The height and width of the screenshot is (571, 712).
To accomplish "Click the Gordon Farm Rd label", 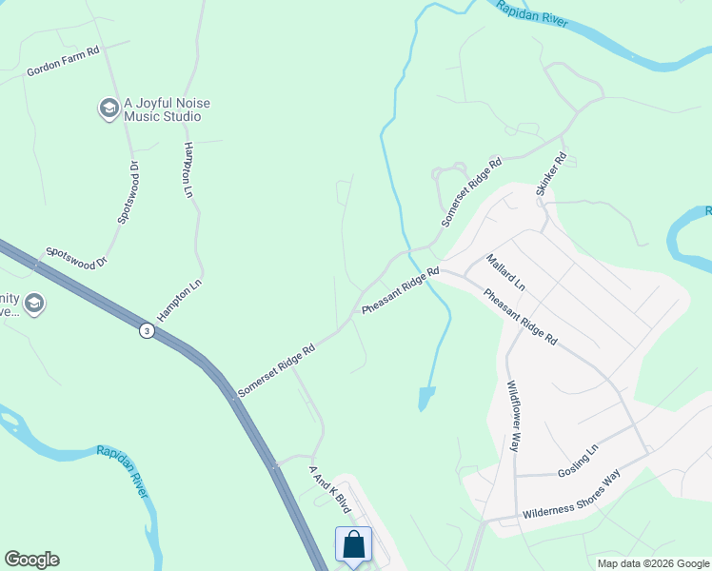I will tap(63, 63).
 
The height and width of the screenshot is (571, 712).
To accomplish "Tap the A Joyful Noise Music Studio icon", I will tap(109, 109).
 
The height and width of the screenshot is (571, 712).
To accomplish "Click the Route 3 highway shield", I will tap(146, 330).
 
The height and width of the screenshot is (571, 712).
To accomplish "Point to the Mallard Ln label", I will tap(504, 272).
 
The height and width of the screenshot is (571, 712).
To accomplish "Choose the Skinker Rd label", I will tap(551, 173).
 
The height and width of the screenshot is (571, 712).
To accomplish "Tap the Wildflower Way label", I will tap(514, 416).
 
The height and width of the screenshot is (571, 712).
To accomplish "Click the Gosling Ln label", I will tap(579, 460).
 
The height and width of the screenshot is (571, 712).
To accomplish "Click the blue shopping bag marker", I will tap(353, 546).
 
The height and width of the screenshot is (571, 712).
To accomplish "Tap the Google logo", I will tap(31, 560).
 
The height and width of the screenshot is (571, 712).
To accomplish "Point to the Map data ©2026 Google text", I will tap(653, 563).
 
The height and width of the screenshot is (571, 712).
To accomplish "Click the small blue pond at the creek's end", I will tap(425, 398).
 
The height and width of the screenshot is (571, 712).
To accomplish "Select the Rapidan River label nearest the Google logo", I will tap(124, 469).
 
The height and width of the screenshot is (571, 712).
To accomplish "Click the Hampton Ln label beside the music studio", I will tap(188, 170).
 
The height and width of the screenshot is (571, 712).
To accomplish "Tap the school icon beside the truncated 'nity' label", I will tap(34, 305).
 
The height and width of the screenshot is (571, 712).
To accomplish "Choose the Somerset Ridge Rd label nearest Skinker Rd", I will tap(471, 192).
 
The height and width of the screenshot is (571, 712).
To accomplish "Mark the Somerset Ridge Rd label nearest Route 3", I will tap(276, 369).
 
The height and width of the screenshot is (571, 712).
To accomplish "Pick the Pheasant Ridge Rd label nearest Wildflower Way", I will tap(520, 316).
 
